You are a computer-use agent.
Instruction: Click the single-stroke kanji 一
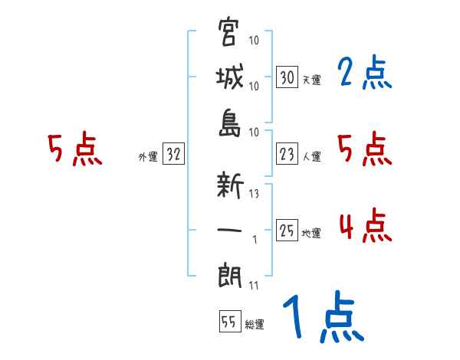229,230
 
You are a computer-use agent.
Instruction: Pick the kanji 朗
229,275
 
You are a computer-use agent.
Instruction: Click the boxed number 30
287,77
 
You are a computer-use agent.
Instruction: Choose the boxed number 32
173,155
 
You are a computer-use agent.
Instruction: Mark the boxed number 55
229,322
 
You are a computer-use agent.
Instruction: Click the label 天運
311,80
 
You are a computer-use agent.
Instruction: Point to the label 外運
147,157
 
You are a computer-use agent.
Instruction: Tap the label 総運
255,324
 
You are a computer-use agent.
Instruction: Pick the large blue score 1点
322,318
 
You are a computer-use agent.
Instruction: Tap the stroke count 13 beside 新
254,194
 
